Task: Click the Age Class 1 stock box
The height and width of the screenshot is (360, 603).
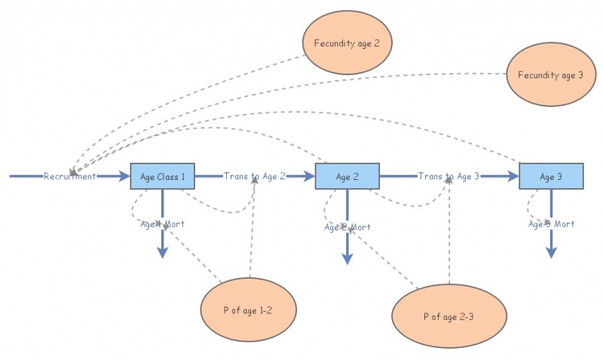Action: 163,176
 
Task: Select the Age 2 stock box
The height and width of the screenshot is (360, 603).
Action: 347,176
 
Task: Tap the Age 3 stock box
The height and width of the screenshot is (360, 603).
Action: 551,176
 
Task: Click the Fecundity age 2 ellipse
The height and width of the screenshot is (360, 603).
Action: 347,44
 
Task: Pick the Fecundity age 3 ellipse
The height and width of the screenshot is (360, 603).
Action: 550,75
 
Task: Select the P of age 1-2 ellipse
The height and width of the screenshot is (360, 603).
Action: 248,310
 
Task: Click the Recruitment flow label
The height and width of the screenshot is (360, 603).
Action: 69,176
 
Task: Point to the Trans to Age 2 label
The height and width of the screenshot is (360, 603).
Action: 254,176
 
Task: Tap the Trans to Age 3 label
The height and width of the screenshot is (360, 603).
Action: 448,176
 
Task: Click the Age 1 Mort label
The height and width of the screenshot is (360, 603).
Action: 162,224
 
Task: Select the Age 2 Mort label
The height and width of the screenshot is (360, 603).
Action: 347,227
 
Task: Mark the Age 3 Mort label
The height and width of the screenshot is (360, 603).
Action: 551,224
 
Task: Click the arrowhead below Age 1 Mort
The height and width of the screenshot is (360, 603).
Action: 162,252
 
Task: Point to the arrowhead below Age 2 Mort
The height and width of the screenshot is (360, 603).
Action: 347,258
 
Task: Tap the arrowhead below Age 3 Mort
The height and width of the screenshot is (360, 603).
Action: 551,252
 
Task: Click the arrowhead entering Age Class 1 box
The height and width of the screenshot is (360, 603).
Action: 124,176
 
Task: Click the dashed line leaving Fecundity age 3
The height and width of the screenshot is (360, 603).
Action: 482,74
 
